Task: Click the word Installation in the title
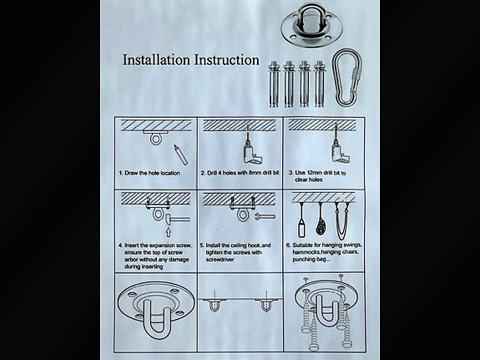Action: pos(157,60)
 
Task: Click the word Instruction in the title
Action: pos(227,60)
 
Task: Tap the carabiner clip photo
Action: pos(347,78)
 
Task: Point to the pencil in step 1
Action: pos(181,155)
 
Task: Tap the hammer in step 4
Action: pos(177,220)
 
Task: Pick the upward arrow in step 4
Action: pos(168,232)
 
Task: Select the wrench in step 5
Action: pos(265,216)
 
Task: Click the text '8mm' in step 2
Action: pos(255,173)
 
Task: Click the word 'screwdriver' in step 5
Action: pos(220,260)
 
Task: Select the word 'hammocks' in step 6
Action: pos(306,252)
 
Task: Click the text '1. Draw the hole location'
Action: pos(149,173)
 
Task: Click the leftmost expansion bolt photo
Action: pos(273,84)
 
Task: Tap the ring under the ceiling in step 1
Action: pos(155,139)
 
